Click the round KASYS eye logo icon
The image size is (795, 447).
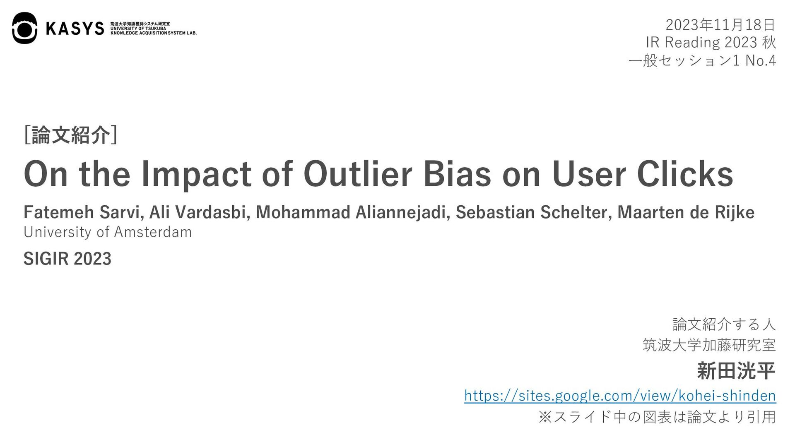point(24,28)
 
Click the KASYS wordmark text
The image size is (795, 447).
point(75,29)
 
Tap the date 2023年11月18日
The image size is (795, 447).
point(720,25)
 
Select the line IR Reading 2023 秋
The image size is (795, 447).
point(711,42)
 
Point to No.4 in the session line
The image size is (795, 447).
point(760,60)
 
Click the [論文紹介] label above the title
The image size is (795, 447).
point(71,135)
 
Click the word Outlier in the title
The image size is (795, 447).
point(358,174)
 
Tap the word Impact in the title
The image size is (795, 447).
point(196,175)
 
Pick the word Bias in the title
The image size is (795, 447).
point(457,174)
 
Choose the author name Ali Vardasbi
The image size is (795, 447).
point(200,212)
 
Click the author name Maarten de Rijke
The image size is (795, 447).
point(686,212)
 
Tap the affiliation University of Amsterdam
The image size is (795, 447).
point(108,232)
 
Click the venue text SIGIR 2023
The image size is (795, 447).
point(67,259)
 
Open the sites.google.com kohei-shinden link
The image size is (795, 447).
point(620,396)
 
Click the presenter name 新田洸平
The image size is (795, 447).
point(736,370)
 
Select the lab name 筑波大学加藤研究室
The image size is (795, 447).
point(709,345)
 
